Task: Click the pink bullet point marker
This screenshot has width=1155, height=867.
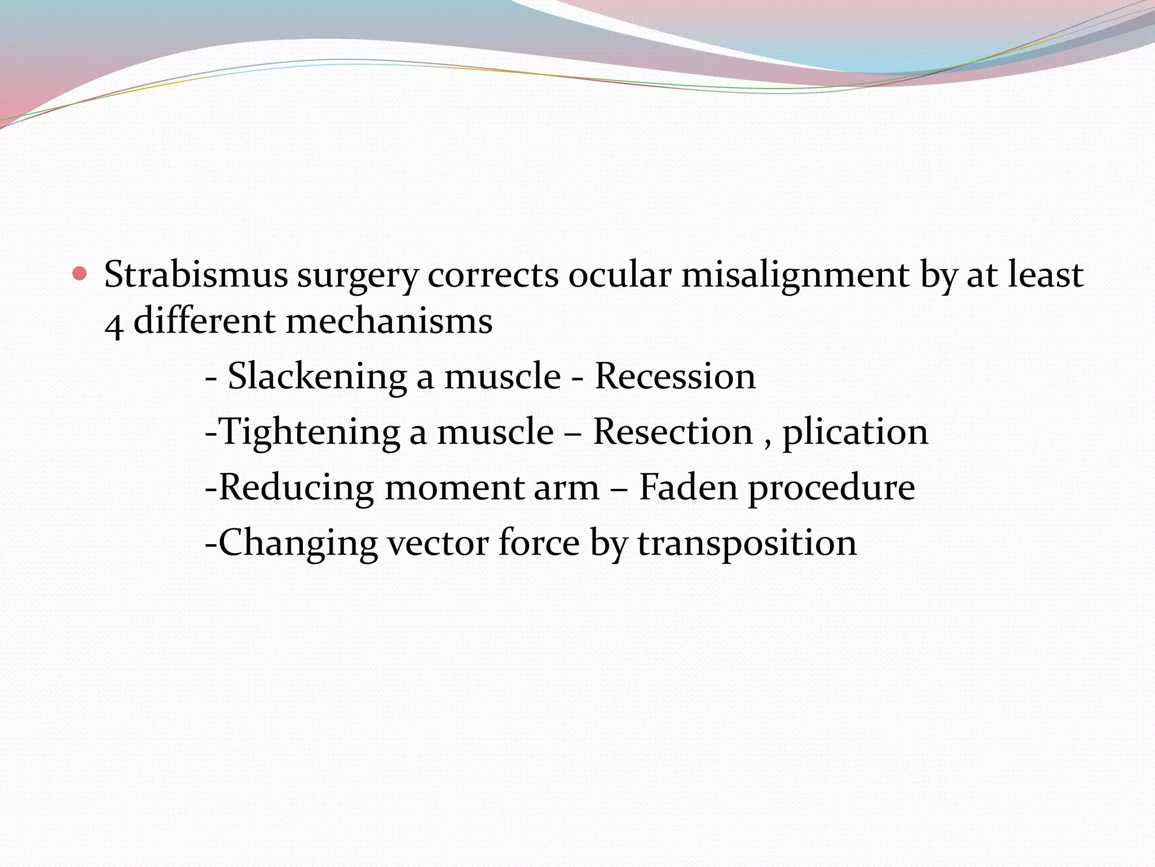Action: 80,274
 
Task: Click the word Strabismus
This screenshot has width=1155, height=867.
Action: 196,275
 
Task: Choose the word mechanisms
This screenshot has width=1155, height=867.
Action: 389,321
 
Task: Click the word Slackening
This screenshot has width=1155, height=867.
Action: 317,377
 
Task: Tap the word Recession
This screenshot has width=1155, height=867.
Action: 675,376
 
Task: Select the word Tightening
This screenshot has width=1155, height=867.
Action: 309,432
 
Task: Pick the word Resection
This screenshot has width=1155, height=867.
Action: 673,432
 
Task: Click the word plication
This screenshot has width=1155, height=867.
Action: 855,433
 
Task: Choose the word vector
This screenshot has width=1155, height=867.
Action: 438,543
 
